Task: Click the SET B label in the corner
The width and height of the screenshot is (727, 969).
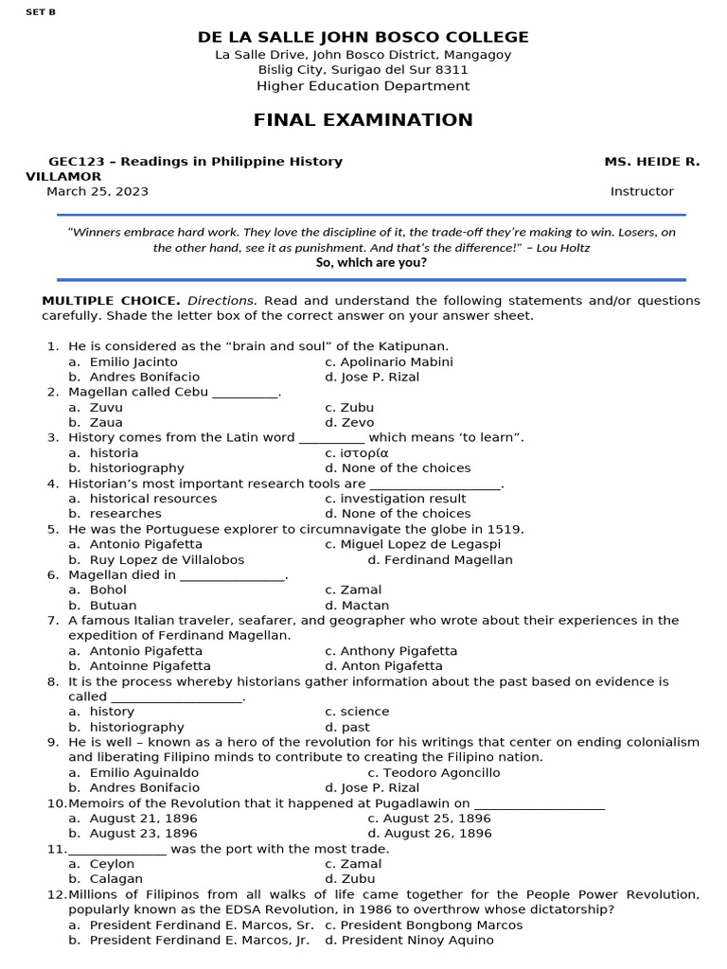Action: pyautogui.click(x=41, y=14)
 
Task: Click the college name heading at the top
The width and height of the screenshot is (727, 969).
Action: pyautogui.click(x=363, y=37)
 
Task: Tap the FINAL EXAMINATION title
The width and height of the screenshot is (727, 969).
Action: pyautogui.click(x=363, y=120)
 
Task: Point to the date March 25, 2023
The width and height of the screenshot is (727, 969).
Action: pyautogui.click(x=98, y=191)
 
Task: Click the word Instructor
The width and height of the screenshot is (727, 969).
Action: pyautogui.click(x=642, y=191)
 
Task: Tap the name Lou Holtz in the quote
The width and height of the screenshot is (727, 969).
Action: pyautogui.click(x=566, y=248)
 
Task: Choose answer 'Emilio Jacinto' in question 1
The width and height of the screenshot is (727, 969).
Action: pyautogui.click(x=133, y=361)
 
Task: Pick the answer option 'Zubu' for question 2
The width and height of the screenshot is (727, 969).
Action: pyautogui.click(x=357, y=408)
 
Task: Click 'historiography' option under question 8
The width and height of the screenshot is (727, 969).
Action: pyautogui.click(x=137, y=728)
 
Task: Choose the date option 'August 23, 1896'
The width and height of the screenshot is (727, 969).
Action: pyautogui.click(x=144, y=834)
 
